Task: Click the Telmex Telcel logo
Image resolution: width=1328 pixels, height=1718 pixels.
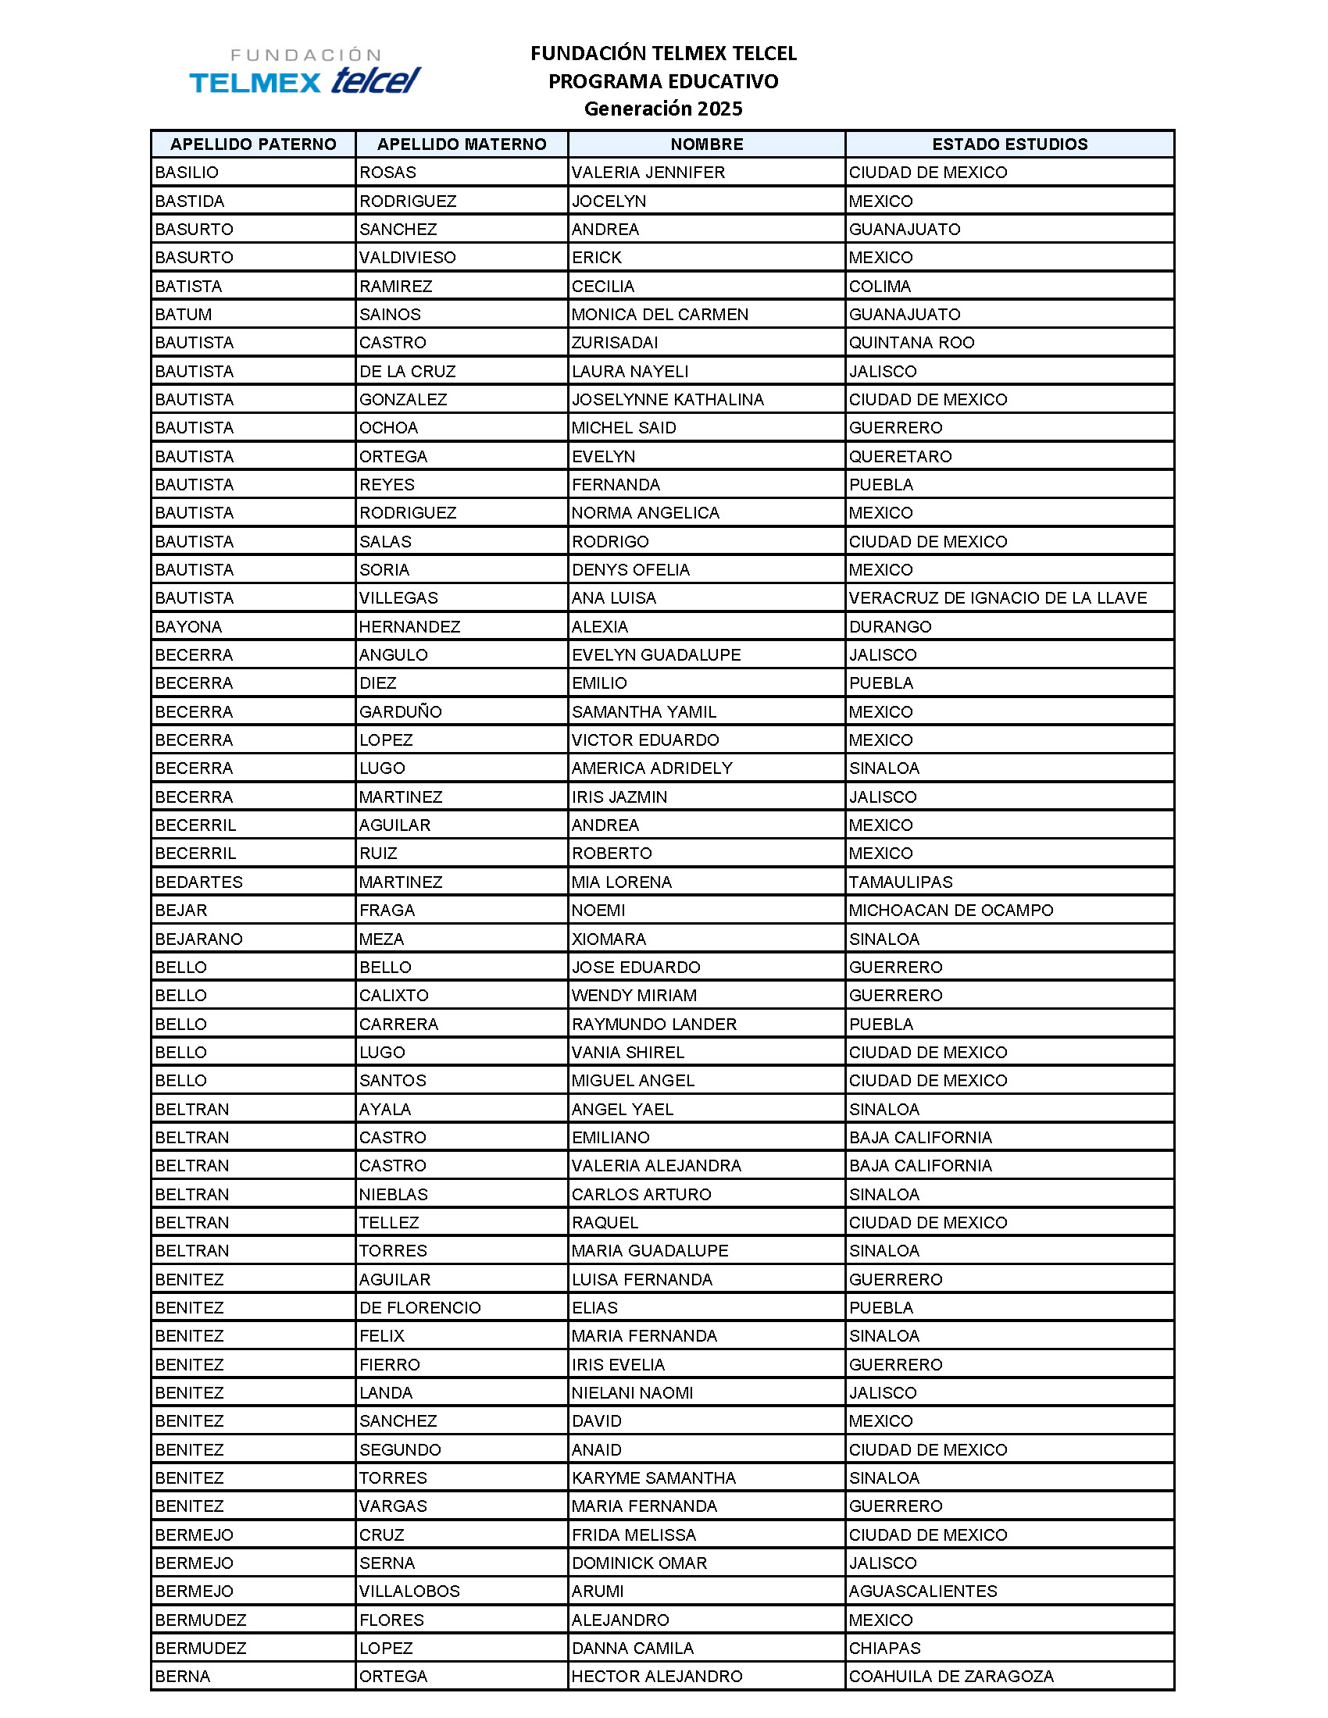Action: point(305,73)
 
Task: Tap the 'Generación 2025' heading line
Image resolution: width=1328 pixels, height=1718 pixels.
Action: point(662,109)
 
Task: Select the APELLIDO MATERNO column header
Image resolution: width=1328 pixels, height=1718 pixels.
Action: point(461,144)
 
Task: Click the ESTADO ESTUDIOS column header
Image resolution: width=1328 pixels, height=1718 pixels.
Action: point(1009,144)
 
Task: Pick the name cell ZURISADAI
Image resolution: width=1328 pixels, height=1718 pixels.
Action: point(615,342)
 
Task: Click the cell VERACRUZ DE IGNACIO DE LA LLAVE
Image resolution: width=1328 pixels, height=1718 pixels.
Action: point(998,598)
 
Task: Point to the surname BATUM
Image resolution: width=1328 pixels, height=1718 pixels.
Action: point(184,314)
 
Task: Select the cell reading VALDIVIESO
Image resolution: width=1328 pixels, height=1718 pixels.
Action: point(408,257)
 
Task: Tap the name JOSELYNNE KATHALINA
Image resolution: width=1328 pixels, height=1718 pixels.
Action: point(667,400)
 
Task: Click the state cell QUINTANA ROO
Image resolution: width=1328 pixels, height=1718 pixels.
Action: point(911,342)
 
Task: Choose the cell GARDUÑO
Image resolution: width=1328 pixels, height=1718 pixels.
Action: point(401,712)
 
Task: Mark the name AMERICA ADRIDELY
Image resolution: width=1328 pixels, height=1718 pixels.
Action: point(652,768)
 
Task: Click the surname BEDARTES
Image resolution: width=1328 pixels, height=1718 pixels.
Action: point(199,882)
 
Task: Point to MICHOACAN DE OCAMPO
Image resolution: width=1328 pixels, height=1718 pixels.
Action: point(951,910)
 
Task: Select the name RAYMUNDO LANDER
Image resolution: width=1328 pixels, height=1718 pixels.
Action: point(654,1025)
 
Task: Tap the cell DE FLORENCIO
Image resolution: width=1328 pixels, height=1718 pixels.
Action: point(420,1307)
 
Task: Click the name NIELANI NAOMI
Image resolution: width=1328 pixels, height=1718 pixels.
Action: point(633,1392)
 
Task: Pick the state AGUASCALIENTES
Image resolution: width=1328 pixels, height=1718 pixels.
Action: point(923,1591)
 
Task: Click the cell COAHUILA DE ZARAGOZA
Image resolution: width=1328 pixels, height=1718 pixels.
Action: point(951,1677)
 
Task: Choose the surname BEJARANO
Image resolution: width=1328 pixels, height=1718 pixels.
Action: point(199,939)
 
